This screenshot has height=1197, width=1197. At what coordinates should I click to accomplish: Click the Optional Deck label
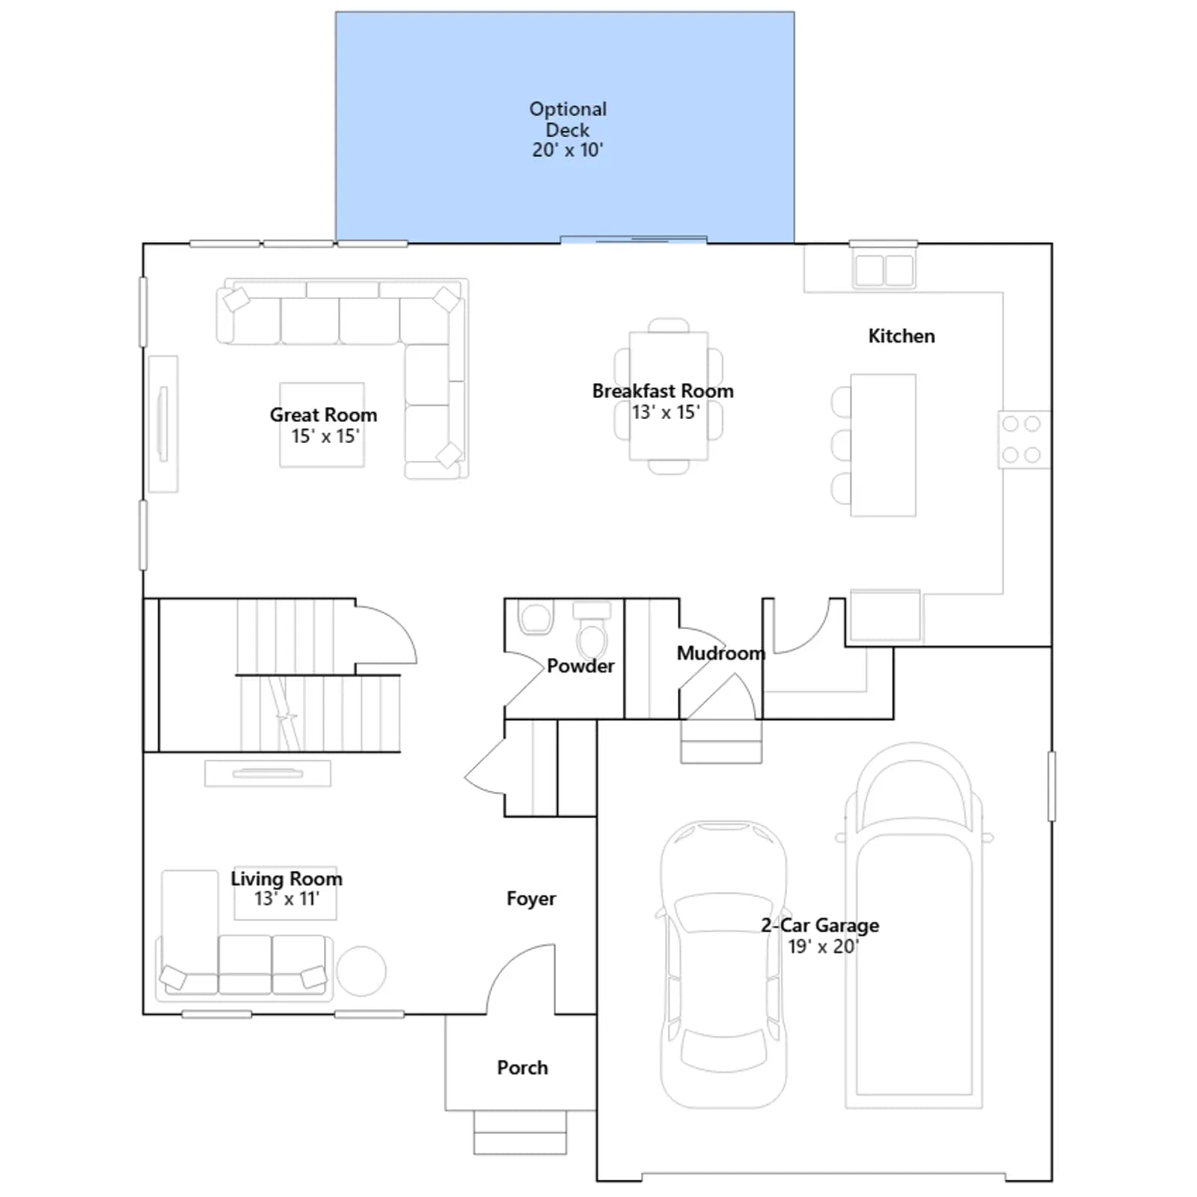tap(568, 119)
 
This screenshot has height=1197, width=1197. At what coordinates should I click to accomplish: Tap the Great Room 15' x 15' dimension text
tap(325, 436)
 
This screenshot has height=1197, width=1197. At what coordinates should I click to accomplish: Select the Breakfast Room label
tap(663, 391)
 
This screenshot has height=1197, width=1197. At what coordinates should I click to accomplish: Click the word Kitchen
tap(901, 336)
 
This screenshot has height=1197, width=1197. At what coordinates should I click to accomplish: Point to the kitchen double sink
tap(884, 270)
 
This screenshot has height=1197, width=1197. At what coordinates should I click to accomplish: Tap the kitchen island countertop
tap(883, 445)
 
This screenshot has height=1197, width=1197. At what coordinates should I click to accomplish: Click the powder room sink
tap(535, 618)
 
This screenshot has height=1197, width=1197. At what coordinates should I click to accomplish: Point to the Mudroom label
tap(721, 653)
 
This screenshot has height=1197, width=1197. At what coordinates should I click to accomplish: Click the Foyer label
tap(531, 898)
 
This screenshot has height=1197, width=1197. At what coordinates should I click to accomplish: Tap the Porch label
tap(522, 1068)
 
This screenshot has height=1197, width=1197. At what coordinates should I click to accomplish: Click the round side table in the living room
tap(361, 971)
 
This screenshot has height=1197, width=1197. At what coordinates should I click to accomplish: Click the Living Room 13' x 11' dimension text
tap(287, 898)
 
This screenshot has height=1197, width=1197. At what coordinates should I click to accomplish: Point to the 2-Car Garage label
tap(820, 925)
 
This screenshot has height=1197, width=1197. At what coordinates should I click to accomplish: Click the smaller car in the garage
tap(723, 964)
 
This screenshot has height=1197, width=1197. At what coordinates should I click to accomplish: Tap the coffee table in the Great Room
tap(322, 425)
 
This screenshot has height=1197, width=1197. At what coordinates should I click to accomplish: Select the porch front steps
tap(520, 1133)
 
